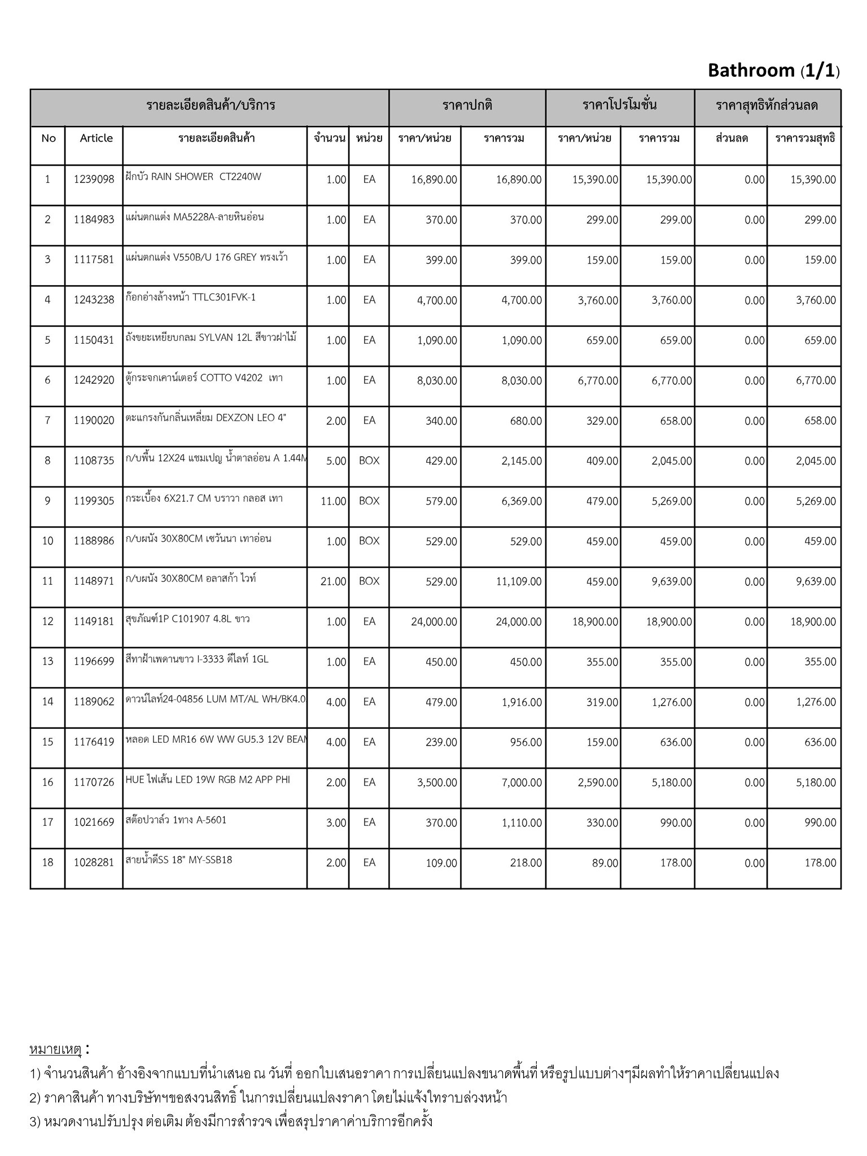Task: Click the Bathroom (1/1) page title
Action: (773, 71)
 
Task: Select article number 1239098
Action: (94, 179)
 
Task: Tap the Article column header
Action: (96, 138)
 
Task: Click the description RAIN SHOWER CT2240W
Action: (194, 177)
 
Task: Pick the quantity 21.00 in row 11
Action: (333, 581)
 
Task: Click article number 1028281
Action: (94, 862)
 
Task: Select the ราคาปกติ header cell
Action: (467, 106)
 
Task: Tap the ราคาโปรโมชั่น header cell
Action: (619, 106)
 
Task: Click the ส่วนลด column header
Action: (732, 138)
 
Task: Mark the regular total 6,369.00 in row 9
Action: (522, 501)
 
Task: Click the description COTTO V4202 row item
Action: (204, 378)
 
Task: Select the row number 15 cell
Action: (47, 742)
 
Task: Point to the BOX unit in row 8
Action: (369, 461)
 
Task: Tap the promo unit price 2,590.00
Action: (598, 782)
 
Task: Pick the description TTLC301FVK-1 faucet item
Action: (191, 297)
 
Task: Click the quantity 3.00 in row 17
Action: (336, 823)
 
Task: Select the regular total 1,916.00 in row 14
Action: (522, 702)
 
